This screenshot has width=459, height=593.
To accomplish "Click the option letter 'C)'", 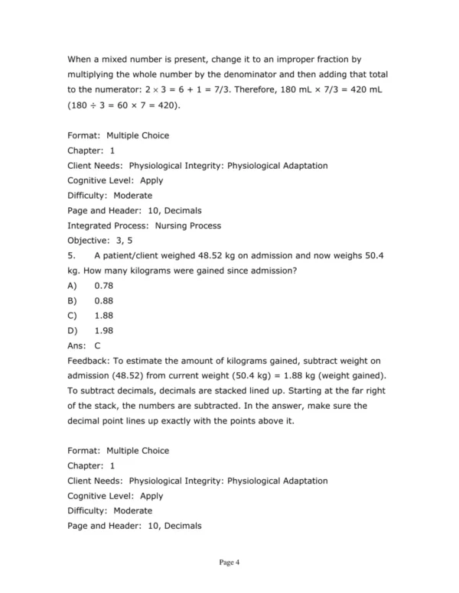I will click(x=73, y=315).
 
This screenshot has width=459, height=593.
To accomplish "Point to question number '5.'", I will click(x=72, y=255).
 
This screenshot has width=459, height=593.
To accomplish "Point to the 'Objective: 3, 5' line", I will click(x=99, y=240).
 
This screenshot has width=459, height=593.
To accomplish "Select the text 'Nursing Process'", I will click(x=188, y=225).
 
